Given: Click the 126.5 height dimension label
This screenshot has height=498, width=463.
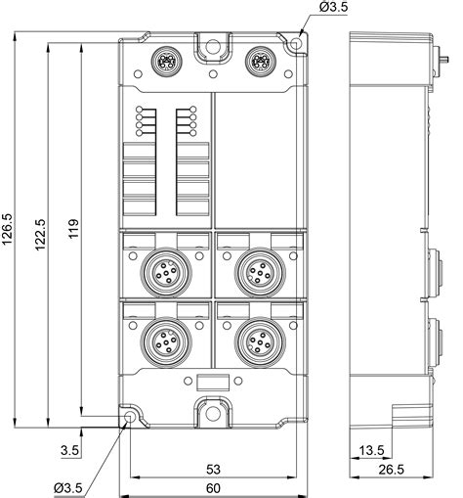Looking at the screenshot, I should pyautogui.click(x=10, y=233).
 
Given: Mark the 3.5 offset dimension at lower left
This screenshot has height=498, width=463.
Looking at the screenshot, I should pyautogui.click(x=69, y=451).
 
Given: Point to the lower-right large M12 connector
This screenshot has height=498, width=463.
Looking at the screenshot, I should pyautogui.click(x=258, y=341).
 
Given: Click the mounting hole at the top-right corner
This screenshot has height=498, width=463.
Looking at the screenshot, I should pyautogui.click(x=294, y=45).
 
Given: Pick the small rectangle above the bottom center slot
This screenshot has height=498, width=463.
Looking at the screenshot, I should pyautogui.click(x=212, y=384).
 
